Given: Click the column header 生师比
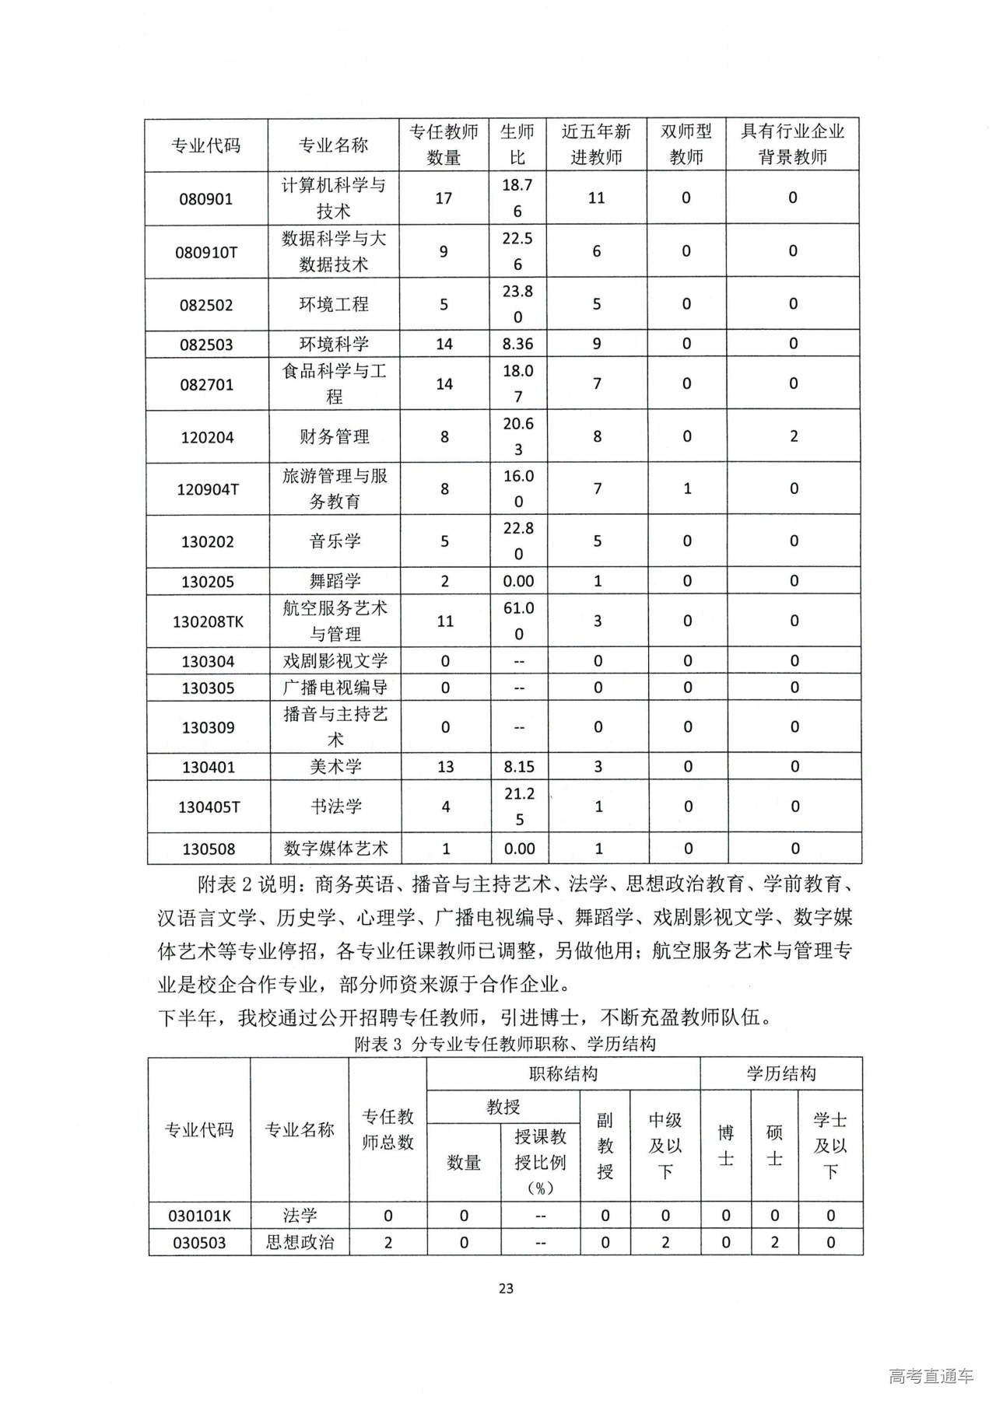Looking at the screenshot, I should coord(517,145).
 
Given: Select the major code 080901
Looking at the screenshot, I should coord(206,198).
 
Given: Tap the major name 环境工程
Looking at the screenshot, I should coord(334,304).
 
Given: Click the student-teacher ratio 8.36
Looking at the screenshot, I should coord(518,344).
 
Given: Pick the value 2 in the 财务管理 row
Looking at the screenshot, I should coord(794,436).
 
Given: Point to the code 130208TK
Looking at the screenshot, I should coord(208,621).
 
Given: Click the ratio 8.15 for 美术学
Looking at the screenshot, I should coord(519,767).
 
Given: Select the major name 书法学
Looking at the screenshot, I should coord(335,807).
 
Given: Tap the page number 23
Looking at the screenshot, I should coord(506,1288).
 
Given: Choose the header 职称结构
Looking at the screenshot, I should coord(563,1074).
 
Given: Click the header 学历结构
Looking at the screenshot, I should coord(781,1074).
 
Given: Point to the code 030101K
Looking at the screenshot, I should coord(200,1216).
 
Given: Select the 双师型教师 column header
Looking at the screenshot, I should coord(686,145).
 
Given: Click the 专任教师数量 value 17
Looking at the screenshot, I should coord(444,198).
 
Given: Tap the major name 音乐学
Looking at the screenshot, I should coord(335,541).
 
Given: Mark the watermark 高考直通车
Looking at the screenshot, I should coord(931,1375).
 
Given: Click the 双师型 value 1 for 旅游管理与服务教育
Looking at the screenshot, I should coord(687,488).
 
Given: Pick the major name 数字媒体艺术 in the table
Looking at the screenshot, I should coord(335,849).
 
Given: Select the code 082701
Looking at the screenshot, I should coord(207,384).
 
